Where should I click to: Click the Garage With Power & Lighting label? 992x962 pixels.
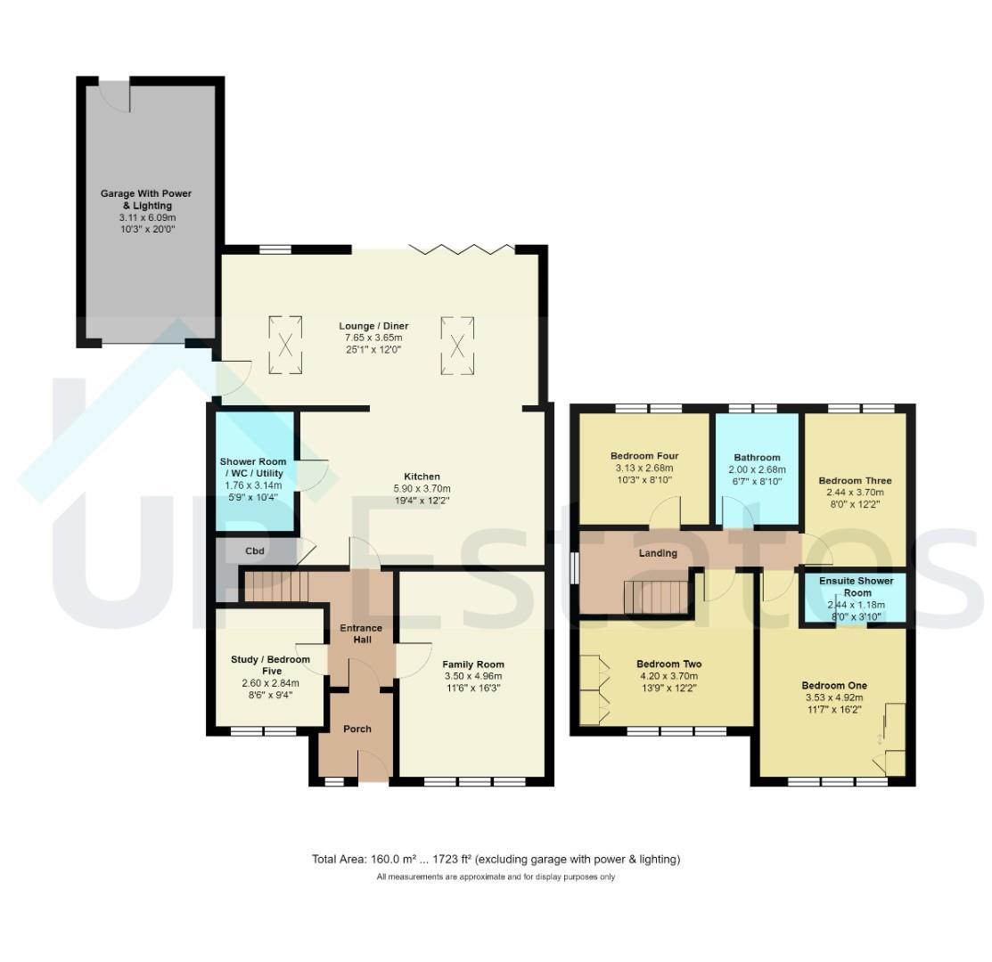point(146,200)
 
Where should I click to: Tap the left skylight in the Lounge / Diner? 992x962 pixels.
point(285,345)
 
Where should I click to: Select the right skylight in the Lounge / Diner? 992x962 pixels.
point(457,345)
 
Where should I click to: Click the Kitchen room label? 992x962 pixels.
point(422,477)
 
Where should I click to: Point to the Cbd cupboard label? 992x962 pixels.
point(255,551)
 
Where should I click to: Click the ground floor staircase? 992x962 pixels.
point(276,587)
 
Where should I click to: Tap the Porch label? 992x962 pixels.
point(357,729)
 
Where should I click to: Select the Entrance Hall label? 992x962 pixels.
point(361,634)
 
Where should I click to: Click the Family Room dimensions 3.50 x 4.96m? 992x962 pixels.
point(473,676)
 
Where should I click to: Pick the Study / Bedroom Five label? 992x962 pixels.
point(271,664)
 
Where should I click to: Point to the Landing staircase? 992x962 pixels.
point(656,598)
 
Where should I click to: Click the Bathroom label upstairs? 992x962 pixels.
point(758,458)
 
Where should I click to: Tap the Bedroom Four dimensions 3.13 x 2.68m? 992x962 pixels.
point(644,469)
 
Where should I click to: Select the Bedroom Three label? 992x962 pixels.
point(856,480)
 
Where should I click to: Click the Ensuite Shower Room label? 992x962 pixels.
point(857,587)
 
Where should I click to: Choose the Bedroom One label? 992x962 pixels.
point(834,686)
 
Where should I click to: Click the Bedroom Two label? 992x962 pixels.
point(669,664)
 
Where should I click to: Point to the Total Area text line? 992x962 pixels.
point(496,860)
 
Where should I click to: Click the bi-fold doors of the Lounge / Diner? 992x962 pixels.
point(461,249)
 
